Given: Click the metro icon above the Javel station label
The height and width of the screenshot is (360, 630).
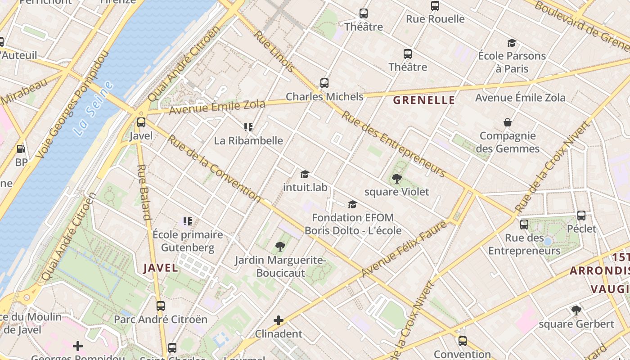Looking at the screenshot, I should [141, 122].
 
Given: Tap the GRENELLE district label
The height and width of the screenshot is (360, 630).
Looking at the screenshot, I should [424, 100].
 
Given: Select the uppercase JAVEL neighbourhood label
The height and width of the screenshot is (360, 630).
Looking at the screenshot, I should [161, 268].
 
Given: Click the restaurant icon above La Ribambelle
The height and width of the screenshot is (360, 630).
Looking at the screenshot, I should [248, 127].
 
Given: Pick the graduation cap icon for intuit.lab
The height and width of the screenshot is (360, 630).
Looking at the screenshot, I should [305, 174].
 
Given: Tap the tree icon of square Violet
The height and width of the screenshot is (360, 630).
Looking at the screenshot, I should [396, 179].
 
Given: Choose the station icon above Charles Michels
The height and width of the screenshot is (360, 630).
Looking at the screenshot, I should [324, 83].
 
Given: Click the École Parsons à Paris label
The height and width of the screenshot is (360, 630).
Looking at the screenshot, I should [512, 62].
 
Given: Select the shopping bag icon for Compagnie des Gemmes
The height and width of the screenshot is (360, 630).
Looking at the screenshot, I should [508, 122].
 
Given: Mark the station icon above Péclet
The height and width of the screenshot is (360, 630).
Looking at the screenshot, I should [581, 216].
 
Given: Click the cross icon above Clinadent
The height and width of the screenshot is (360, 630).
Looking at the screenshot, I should [279, 320].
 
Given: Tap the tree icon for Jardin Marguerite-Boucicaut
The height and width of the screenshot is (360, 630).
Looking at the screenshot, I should [280, 246].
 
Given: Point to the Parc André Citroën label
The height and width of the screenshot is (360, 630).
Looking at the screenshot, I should [160, 319].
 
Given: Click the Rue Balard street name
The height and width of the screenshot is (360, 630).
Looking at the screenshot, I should [143, 192].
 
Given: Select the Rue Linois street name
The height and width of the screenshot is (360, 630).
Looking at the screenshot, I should [274, 51].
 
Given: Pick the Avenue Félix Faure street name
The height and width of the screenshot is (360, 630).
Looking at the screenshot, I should [405, 248].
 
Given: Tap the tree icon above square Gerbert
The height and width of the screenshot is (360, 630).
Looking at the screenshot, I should [576, 310].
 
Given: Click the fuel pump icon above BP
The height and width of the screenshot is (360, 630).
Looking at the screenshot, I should [21, 149].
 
